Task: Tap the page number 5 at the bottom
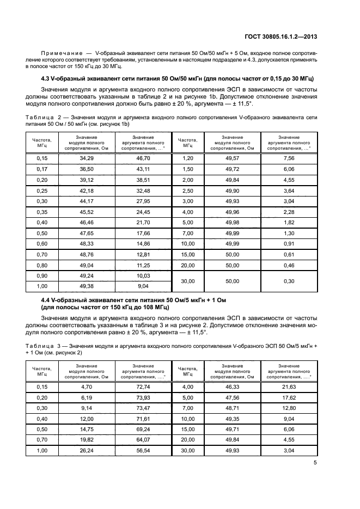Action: pyautogui.click(x=315, y=463)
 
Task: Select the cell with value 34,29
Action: pyautogui.click(x=87, y=158)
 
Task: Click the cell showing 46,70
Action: pyautogui.click(x=142, y=158)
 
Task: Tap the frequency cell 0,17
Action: pyautogui.click(x=41, y=169)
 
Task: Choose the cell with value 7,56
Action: pyautogui.click(x=289, y=158)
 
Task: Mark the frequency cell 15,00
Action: pyautogui.click(x=188, y=254)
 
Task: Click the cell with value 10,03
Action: pyautogui.click(x=142, y=276)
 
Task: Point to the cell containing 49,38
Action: pyautogui.click(x=87, y=286)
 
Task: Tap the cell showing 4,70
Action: pyautogui.click(x=87, y=386)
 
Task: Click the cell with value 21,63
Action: pyautogui.click(x=289, y=386)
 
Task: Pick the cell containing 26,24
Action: pyautogui.click(x=87, y=451)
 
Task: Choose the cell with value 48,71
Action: pyautogui.click(x=232, y=407)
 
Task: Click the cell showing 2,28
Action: pyautogui.click(x=289, y=211)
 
